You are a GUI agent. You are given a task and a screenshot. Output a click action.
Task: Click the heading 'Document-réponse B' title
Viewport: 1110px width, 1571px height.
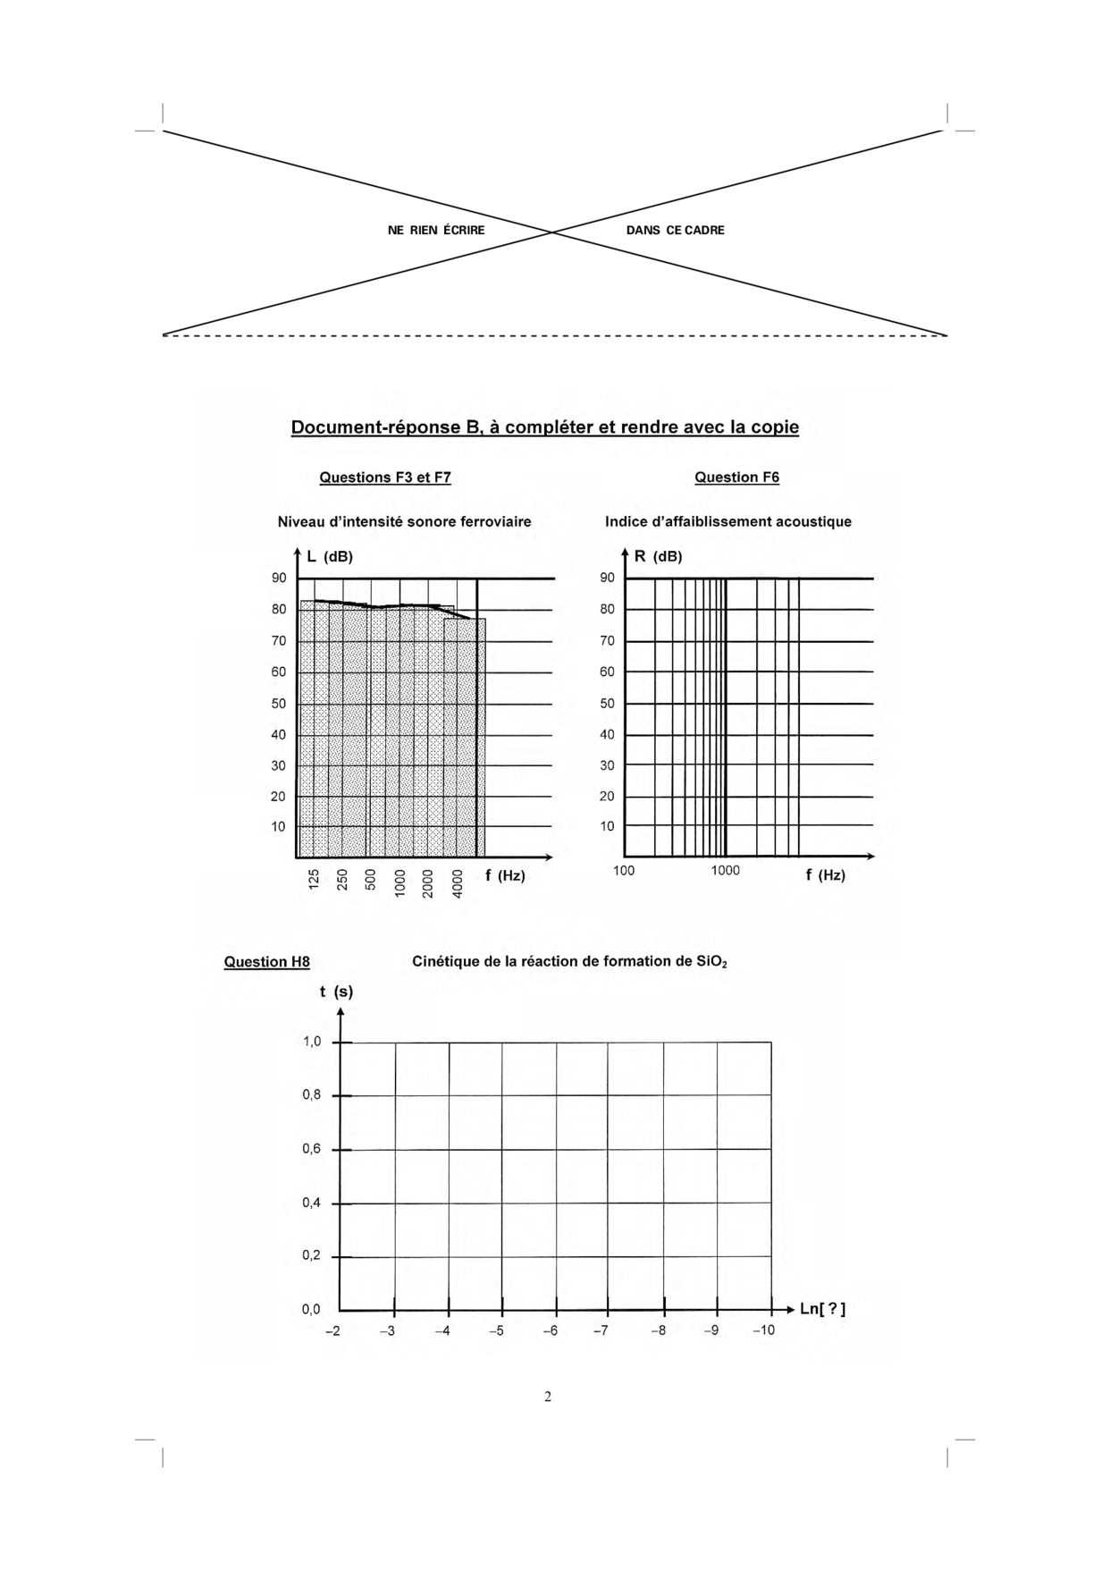point(544,427)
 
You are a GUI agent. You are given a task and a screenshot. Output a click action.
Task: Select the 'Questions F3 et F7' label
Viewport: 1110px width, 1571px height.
point(385,477)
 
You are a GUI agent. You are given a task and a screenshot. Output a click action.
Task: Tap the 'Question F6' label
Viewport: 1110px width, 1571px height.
point(736,477)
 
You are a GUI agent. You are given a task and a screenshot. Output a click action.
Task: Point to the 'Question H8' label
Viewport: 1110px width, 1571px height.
point(266,962)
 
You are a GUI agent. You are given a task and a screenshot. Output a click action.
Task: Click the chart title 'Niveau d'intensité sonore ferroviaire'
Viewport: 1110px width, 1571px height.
point(404,521)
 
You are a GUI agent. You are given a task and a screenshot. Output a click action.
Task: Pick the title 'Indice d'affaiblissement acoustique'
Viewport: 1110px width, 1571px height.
point(727,521)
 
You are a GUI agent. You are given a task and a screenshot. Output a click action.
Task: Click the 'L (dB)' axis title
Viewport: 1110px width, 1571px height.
point(330,556)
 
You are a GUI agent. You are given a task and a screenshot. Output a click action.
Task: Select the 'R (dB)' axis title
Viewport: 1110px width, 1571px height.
point(658,556)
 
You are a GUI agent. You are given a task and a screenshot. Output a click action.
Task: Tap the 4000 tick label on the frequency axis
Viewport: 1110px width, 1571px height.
point(458,883)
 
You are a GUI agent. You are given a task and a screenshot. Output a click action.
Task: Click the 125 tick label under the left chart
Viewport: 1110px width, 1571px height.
point(314,880)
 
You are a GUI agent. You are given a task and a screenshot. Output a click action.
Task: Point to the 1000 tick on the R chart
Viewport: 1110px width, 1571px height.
point(725,871)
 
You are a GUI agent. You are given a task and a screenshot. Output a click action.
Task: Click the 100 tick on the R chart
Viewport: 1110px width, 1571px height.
point(624,871)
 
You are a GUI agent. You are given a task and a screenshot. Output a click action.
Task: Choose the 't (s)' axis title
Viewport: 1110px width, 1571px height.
point(336,992)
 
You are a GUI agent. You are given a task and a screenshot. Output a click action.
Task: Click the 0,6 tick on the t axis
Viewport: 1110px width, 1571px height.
point(311,1149)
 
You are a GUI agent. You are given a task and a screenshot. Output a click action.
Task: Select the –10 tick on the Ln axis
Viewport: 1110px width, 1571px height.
point(763,1330)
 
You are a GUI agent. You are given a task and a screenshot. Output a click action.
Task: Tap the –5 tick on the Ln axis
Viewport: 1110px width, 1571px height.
point(498,1330)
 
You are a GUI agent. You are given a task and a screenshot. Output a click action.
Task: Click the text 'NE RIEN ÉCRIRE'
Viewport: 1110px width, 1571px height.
point(436,231)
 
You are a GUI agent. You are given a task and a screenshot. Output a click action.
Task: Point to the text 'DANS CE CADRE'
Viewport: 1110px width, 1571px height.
point(675,231)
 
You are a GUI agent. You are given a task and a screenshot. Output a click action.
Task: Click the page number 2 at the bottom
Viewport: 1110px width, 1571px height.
point(548,1397)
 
